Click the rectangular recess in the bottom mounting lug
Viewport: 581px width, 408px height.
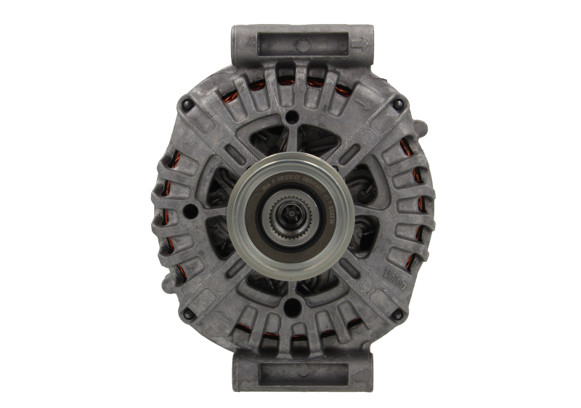point(291,371)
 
